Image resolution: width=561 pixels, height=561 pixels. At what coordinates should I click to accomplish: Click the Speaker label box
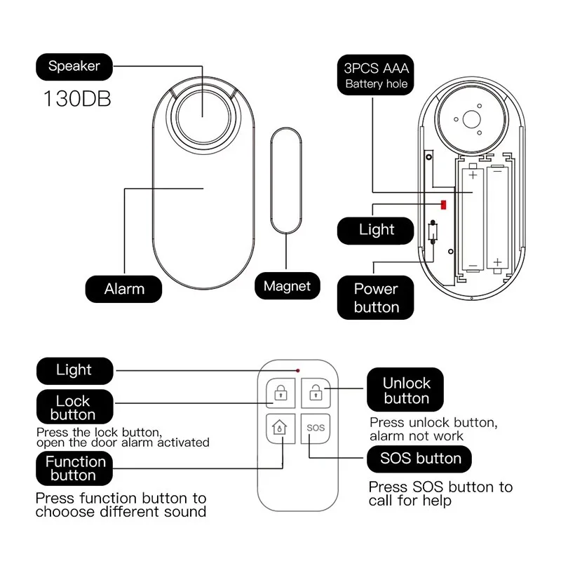coord(74,67)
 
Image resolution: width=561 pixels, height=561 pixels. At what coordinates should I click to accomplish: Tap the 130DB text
coord(77,97)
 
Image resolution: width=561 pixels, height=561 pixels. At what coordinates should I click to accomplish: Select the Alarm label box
coord(124,288)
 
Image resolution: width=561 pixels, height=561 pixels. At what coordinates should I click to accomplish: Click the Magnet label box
coord(287,285)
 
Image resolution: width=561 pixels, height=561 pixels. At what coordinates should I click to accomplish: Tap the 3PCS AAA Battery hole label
coord(376,76)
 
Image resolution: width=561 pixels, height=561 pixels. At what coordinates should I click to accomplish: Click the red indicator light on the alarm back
coord(443,203)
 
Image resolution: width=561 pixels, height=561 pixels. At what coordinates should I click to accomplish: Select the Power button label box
coord(376,297)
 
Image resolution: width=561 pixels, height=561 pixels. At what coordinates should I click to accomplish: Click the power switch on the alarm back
coord(433,231)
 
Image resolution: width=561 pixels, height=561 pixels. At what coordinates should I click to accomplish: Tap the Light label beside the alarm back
coord(377,229)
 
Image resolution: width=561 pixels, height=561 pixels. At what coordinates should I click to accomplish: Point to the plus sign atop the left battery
coord(472,174)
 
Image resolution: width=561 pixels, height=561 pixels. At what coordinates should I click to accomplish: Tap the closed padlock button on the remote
coord(280,393)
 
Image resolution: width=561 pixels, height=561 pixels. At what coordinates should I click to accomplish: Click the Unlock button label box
coord(406,391)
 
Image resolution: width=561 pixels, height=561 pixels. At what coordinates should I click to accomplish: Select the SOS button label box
coord(419,459)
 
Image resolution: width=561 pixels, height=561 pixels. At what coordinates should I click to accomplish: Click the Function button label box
coord(75,468)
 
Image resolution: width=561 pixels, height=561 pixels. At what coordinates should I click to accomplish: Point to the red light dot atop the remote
coord(298,370)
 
